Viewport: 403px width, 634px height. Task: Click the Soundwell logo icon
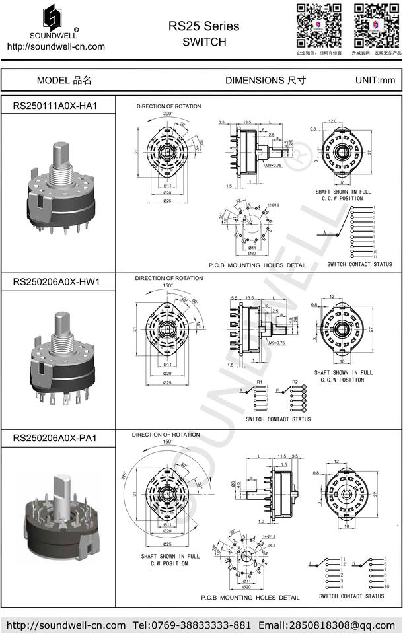pyautogui.click(x=55, y=17)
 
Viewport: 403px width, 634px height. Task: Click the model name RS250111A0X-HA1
pyautogui.click(x=55, y=106)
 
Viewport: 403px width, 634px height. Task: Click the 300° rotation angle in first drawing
pyautogui.click(x=168, y=114)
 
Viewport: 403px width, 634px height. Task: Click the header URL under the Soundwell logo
pyautogui.click(x=55, y=46)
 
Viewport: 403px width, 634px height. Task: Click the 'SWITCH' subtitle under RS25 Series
pyautogui.click(x=203, y=42)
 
